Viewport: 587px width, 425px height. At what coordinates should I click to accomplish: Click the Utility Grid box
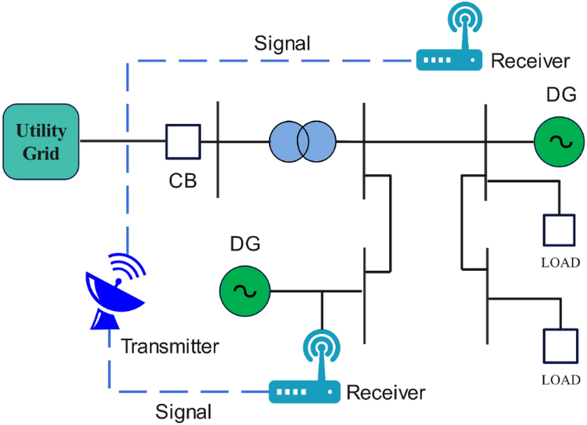(41, 142)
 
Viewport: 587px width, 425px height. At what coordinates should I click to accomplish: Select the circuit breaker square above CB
(183, 142)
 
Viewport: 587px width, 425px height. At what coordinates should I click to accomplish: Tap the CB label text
(183, 181)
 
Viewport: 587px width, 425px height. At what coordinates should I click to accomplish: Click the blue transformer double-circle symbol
(302, 141)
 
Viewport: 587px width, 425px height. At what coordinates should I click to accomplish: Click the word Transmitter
(170, 347)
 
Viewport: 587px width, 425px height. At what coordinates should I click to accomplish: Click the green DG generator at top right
(555, 141)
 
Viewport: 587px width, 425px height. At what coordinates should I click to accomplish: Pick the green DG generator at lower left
(244, 291)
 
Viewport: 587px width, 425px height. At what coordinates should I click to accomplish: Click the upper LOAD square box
(558, 230)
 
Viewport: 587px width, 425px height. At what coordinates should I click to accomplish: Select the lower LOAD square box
(558, 347)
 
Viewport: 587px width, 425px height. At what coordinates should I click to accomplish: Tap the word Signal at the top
(282, 44)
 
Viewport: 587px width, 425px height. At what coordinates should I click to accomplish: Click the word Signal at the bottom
(184, 412)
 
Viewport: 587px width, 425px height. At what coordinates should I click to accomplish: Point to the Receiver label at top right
(530, 61)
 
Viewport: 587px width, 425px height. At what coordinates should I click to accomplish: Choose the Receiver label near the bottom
(385, 392)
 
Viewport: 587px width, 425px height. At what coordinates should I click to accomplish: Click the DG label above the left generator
(245, 245)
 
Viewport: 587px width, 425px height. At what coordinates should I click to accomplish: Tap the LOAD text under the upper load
(559, 263)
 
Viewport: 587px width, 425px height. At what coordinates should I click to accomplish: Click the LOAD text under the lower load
(559, 381)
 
